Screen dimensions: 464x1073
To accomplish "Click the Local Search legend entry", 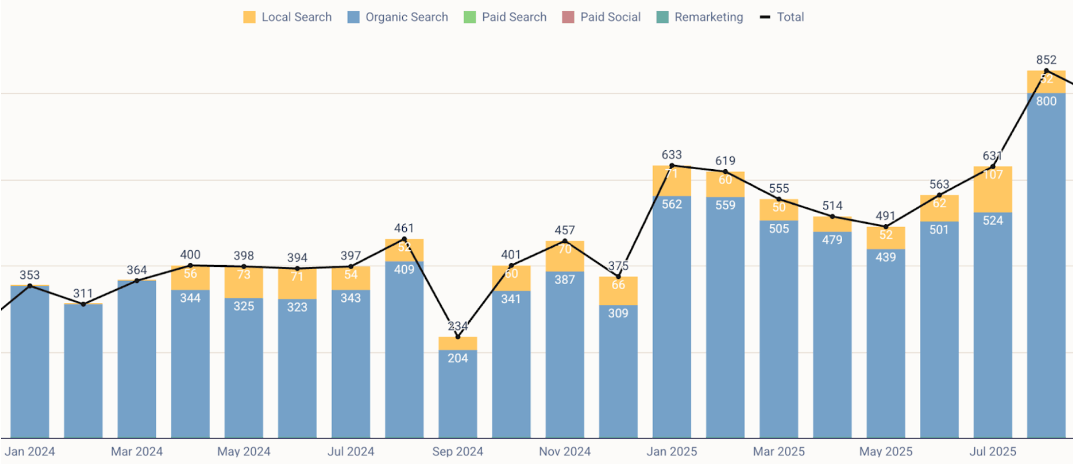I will click(288, 17).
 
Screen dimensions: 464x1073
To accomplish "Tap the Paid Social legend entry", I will click(602, 17).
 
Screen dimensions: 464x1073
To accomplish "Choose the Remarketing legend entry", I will click(700, 17).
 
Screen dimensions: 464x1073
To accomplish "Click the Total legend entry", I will click(782, 17).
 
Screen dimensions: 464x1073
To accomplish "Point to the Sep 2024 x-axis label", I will click(458, 451).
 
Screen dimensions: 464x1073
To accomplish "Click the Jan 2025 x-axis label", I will click(672, 451).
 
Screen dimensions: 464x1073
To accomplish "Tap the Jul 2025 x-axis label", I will click(992, 451).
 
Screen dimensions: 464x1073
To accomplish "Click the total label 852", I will click(1046, 59).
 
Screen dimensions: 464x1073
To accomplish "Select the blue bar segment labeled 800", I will click(1046, 263).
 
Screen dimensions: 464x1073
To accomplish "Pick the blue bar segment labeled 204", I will click(458, 394).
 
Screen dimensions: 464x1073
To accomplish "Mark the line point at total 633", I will click(672, 166).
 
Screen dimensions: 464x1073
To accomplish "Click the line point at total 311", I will click(83, 304).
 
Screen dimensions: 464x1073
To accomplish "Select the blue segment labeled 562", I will click(672, 314).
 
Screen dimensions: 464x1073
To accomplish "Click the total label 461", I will click(404, 228).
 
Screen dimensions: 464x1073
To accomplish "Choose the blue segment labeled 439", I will click(886, 343).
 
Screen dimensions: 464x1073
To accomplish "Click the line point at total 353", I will click(30, 286).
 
